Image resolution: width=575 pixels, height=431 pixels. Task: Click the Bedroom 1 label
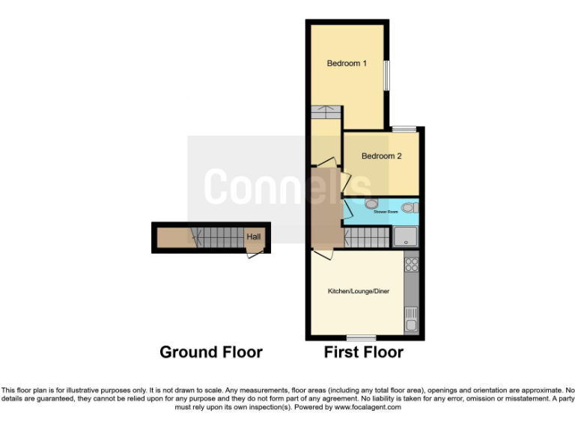pos(347,64)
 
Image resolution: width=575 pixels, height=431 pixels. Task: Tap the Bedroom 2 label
pos(382,156)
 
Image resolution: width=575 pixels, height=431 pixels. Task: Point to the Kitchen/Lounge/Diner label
pos(359,290)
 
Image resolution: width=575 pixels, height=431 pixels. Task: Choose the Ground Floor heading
pos(211,352)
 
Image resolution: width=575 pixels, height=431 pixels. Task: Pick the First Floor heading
pos(363,352)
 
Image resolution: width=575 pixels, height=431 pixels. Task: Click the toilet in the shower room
pos(408,207)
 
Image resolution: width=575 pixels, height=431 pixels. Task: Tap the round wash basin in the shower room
pos(372,203)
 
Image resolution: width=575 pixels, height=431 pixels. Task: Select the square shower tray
pos(406,237)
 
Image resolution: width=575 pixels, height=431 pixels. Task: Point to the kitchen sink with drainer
pos(411,320)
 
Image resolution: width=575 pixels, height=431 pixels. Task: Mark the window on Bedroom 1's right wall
pos(387,75)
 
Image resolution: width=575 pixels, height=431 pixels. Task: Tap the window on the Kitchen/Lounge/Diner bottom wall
pos(361,337)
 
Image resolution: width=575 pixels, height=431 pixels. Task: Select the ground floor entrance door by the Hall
pos(255,254)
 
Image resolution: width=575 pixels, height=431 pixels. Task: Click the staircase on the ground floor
pos(219,238)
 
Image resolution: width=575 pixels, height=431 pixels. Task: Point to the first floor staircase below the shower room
pos(367,239)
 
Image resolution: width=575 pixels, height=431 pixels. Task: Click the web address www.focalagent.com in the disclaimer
pos(368,408)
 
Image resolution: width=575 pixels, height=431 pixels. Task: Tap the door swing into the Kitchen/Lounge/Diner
pos(320,254)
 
